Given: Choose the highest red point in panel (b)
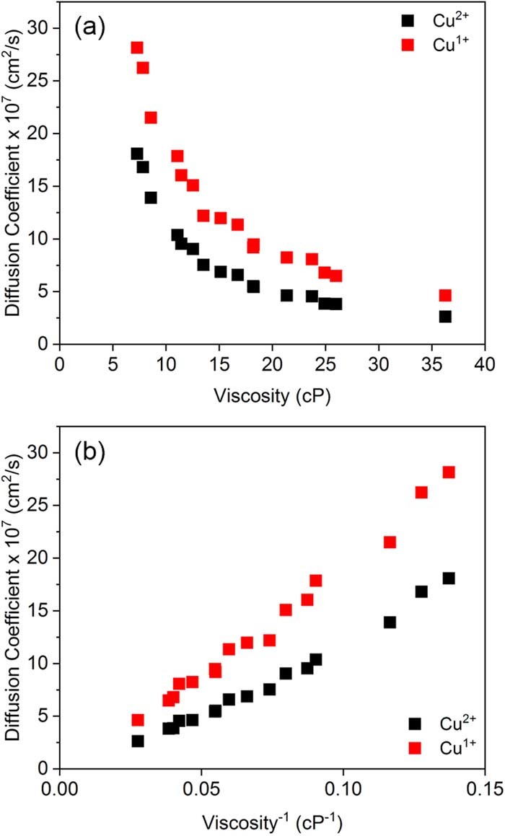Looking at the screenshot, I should coord(449,472).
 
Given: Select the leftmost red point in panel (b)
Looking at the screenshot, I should coord(138,720).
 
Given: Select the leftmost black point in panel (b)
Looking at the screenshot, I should coord(138,741).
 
